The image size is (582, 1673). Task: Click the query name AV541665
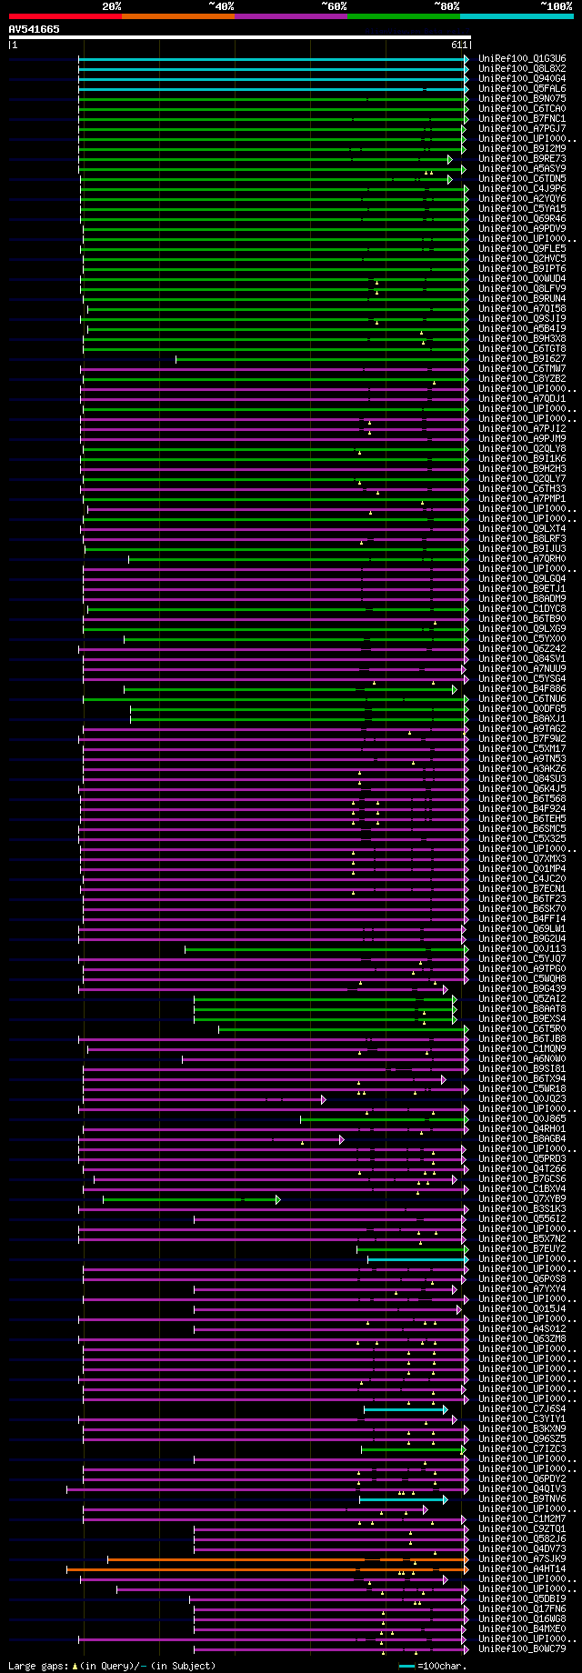[x=35, y=29]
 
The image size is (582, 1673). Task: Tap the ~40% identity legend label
[x=221, y=5]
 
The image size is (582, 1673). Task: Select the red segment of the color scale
[x=65, y=15]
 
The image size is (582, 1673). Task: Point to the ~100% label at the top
[x=556, y=5]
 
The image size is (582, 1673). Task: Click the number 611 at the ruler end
[x=458, y=45]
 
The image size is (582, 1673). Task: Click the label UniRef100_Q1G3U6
[x=522, y=58]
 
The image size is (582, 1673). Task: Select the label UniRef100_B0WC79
[x=522, y=1648]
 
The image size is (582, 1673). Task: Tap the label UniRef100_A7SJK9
[x=522, y=1558]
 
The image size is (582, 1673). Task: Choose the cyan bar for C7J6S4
[x=405, y=1409]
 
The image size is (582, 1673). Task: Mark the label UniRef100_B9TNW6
[x=522, y=1498]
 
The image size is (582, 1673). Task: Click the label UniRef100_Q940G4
[x=522, y=78]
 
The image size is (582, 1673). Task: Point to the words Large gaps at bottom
[x=36, y=1666]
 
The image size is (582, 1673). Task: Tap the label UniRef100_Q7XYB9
[x=522, y=1198]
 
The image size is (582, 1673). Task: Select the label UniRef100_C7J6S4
[x=522, y=1408]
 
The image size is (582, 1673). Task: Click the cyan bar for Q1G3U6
[x=273, y=59]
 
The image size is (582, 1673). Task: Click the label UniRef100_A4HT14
[x=522, y=1568]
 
